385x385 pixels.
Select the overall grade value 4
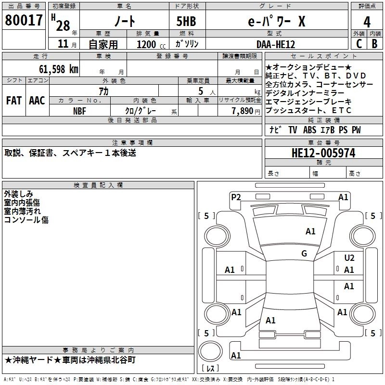[x=367, y=22]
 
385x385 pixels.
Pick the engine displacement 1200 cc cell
[x=147, y=44]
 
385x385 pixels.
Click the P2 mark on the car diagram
[x=236, y=197]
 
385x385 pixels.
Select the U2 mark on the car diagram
[x=349, y=258]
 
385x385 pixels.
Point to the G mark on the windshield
[x=304, y=254]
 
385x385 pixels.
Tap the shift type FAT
[x=14, y=101]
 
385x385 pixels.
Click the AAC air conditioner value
[x=37, y=101]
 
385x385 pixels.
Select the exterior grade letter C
[x=359, y=43]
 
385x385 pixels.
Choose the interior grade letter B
[x=375, y=43]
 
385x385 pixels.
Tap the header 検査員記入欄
[x=98, y=185]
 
